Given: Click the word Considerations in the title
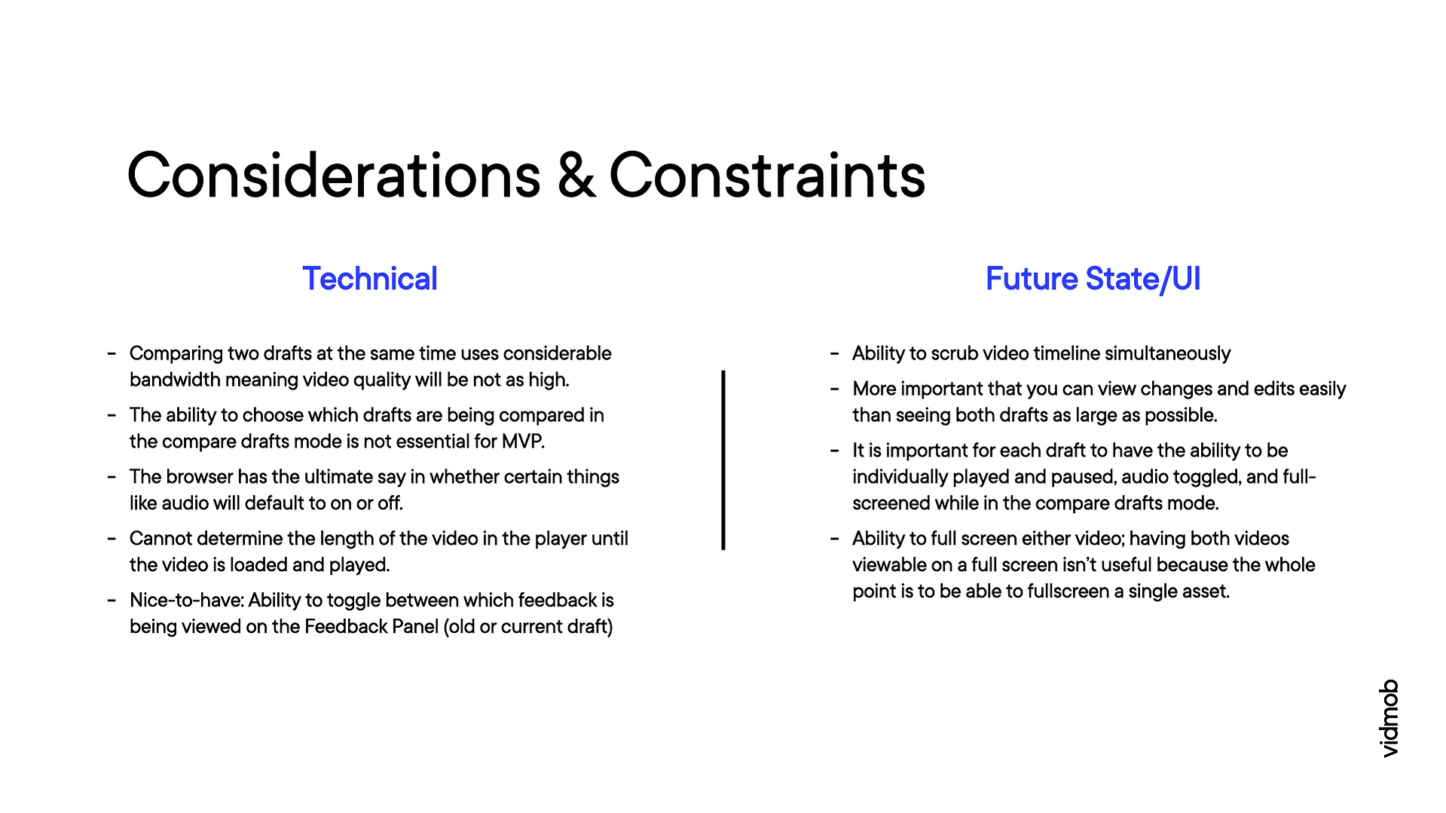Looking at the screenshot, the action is click(x=334, y=176).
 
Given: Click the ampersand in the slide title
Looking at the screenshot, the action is click(x=576, y=176).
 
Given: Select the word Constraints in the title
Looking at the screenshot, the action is click(x=767, y=176).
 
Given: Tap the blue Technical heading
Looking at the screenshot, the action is click(x=370, y=279).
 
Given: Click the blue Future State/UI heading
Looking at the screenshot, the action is click(x=1093, y=280).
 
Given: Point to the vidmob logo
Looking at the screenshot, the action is click(x=1389, y=718).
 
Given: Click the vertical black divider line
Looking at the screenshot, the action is click(x=723, y=460).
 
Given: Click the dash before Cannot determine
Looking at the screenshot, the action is click(x=112, y=539).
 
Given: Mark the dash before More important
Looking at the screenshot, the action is click(x=834, y=389).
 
